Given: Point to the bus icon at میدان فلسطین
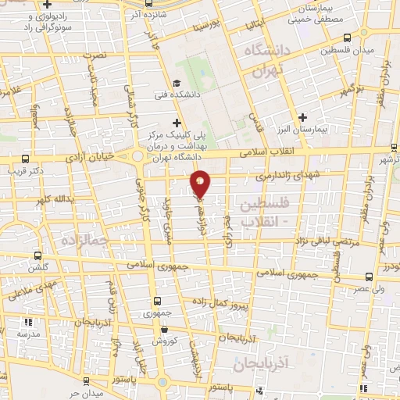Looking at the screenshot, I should pyautogui.click(x=347, y=36).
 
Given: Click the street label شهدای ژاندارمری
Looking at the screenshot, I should pyautogui.click(x=281, y=177).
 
